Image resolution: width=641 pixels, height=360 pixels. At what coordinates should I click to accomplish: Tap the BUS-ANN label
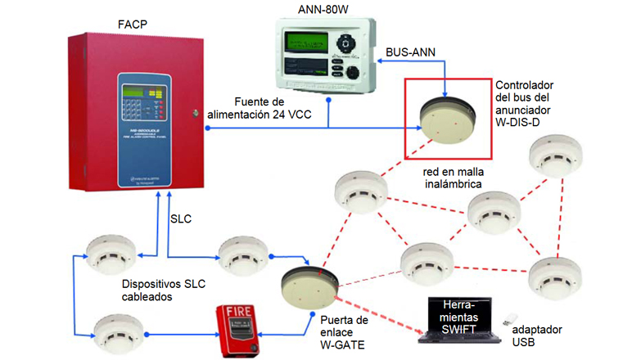[x=410, y=52]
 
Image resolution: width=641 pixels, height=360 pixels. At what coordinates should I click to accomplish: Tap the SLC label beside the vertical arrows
[x=182, y=220]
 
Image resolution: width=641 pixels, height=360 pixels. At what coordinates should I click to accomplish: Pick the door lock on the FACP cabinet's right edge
[x=195, y=112]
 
